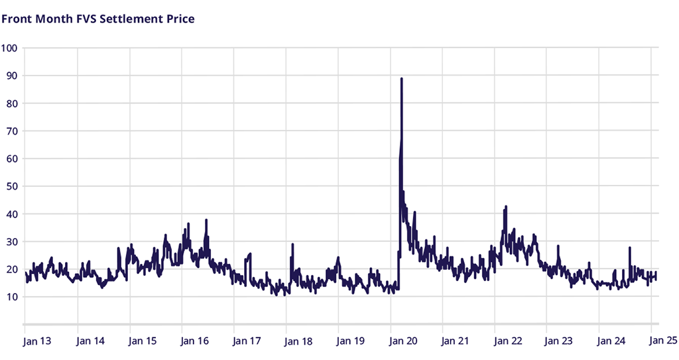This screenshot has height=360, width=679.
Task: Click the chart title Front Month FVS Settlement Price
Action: pos(98,19)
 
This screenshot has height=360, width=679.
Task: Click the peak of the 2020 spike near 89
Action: pos(402,79)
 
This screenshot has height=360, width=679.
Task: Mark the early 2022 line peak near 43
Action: pos(506,207)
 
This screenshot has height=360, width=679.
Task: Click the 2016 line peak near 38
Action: pos(206,220)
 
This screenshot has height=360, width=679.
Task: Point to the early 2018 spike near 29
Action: pos(292,245)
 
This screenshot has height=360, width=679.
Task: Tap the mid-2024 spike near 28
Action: pos(629,248)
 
